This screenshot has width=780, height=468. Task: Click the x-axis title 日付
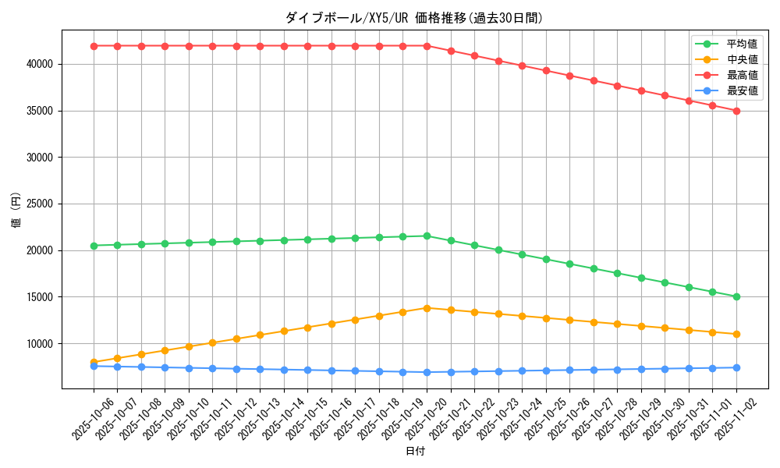pos(415,451)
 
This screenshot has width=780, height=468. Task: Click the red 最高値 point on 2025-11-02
pos(736,111)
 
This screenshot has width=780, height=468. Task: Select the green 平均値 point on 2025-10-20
pos(427,236)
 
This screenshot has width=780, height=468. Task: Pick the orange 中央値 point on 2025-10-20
pos(427,308)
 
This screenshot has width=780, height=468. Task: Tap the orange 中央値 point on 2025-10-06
pos(94,362)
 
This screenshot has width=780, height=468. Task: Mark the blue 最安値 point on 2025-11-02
pos(736,367)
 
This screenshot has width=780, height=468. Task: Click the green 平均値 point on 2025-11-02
pos(736,296)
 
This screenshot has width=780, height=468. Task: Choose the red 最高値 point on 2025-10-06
pos(94,46)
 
